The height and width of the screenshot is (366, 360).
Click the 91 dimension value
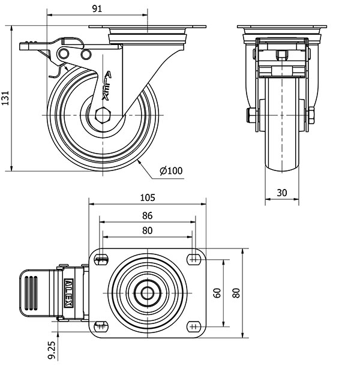[x=97, y=8]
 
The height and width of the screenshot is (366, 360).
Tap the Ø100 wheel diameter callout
[x=171, y=171]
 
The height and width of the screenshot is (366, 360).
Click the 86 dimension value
[x=148, y=215]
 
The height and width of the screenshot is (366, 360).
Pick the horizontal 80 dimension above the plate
[x=148, y=230]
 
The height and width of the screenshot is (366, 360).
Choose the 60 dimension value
[x=217, y=293]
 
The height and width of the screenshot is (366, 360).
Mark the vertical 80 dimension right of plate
[x=236, y=293]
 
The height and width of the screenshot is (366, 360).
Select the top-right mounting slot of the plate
[x=194, y=259]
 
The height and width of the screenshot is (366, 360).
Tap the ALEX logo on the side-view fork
[x=107, y=85]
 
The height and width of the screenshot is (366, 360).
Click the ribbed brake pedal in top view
[x=37, y=292]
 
